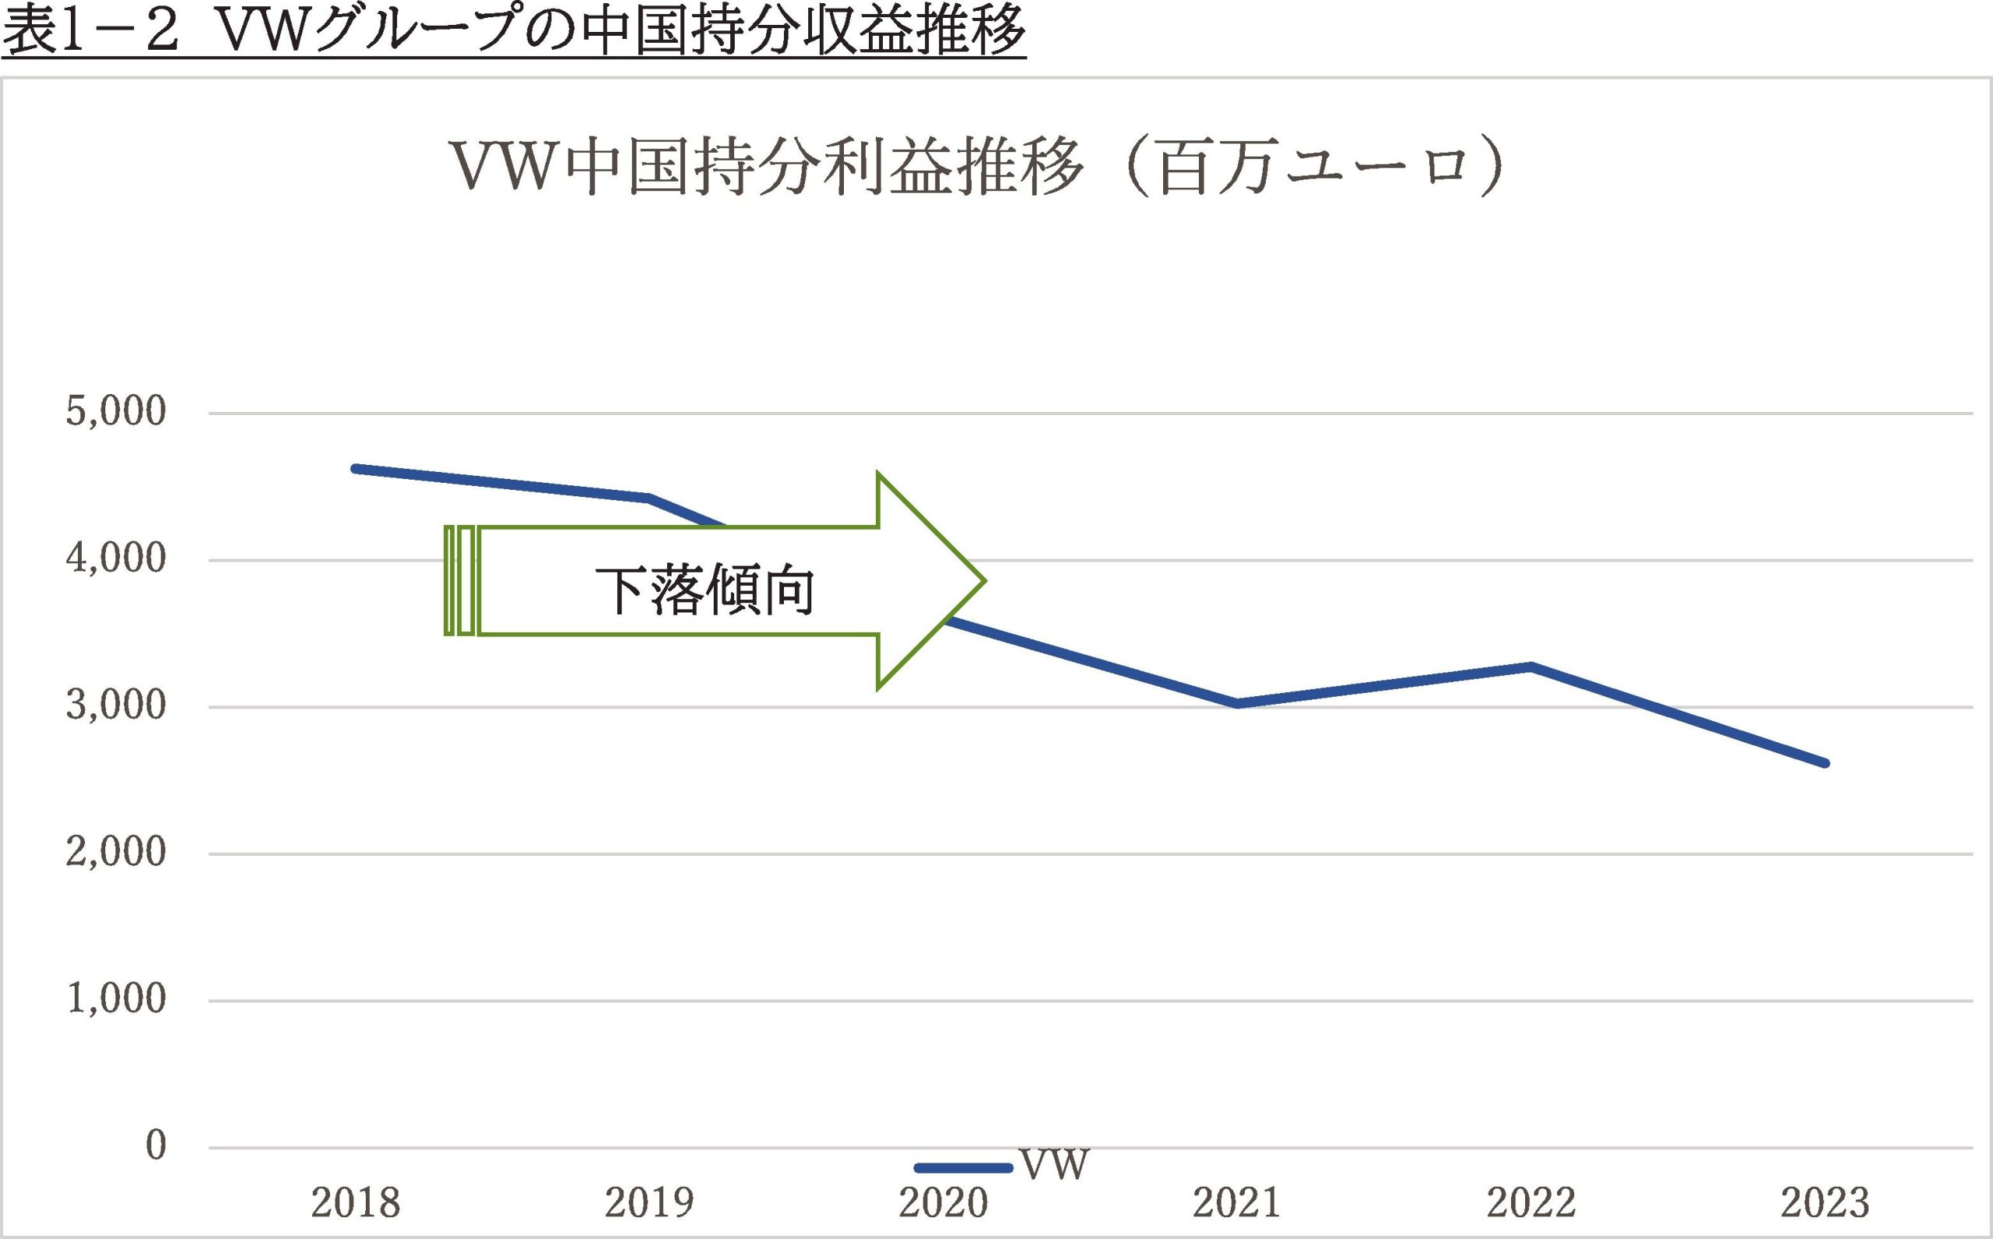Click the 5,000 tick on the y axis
point(115,411)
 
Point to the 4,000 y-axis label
point(115,559)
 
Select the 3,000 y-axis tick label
point(115,705)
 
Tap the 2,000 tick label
point(115,852)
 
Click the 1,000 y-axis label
point(115,999)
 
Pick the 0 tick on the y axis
point(156,1146)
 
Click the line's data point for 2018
point(357,469)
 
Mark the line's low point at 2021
point(1237,703)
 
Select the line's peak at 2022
point(1531,666)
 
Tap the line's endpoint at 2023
point(1824,763)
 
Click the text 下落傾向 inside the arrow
point(705,590)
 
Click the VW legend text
point(1053,1165)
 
